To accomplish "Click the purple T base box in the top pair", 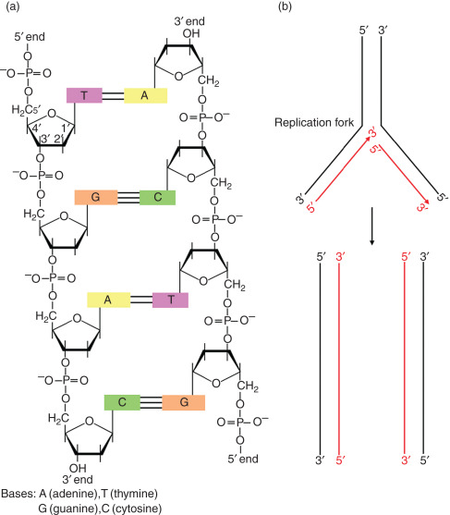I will pyautogui.click(x=82, y=94).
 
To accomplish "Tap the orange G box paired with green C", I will pyautogui.click(x=93, y=197).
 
